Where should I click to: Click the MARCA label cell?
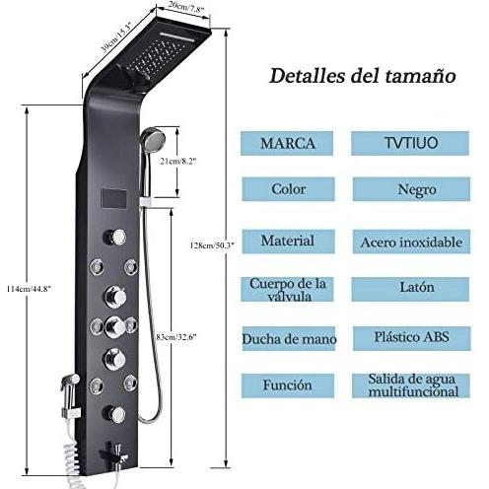(287, 143)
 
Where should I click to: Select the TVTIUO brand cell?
(410, 143)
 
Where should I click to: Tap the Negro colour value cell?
(411, 189)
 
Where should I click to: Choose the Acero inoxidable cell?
(411, 242)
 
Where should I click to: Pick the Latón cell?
(410, 289)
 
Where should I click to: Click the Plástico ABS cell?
(412, 338)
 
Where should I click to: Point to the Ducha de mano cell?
(289, 338)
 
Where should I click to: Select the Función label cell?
(288, 385)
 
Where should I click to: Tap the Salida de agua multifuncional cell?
(411, 385)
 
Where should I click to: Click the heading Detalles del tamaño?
(363, 76)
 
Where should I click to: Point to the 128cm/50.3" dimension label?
(212, 245)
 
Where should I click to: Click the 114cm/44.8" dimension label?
(29, 289)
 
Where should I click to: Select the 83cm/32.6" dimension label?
(176, 337)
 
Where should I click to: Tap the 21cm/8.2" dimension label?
(177, 162)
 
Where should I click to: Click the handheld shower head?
(153, 138)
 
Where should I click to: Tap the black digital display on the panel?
(114, 199)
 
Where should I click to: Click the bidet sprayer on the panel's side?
(70, 394)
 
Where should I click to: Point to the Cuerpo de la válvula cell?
(287, 290)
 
